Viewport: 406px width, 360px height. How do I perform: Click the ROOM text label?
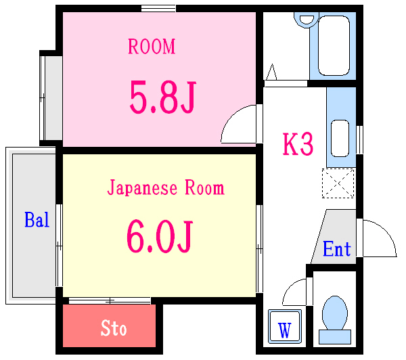click(152, 47)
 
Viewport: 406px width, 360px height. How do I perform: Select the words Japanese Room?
click(166, 187)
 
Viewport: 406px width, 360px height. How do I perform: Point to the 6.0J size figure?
click(160, 234)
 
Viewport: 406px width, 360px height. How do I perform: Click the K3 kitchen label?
click(298, 145)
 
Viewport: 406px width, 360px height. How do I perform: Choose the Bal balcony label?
click(37, 220)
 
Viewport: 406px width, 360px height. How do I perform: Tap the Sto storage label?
click(114, 329)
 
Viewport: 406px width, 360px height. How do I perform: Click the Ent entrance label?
click(336, 249)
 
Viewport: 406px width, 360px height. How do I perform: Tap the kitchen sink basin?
click(340, 138)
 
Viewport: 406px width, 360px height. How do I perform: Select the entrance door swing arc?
click(380, 238)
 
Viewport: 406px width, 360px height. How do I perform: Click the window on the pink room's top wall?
click(158, 9)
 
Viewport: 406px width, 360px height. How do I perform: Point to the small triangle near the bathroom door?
click(272, 72)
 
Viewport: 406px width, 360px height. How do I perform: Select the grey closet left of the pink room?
click(51, 97)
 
